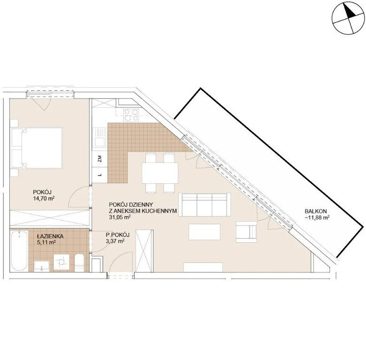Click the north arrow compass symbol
pos(348,18)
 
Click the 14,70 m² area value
pos(44,198)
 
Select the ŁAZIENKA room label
pos(50,236)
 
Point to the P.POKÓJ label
pos(117,235)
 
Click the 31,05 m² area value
pos(120,217)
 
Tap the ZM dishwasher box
pos(99,159)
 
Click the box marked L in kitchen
pos(99,175)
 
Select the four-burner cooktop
pos(131,115)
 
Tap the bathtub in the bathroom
pos(19,251)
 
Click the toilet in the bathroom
pos(79,263)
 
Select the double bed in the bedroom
pos(37,148)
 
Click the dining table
pos(160,173)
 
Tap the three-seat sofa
pos(205,205)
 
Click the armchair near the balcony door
pos(246,232)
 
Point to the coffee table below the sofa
pos(205,232)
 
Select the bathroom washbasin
pos(42,266)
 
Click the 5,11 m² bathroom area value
pos(46,242)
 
